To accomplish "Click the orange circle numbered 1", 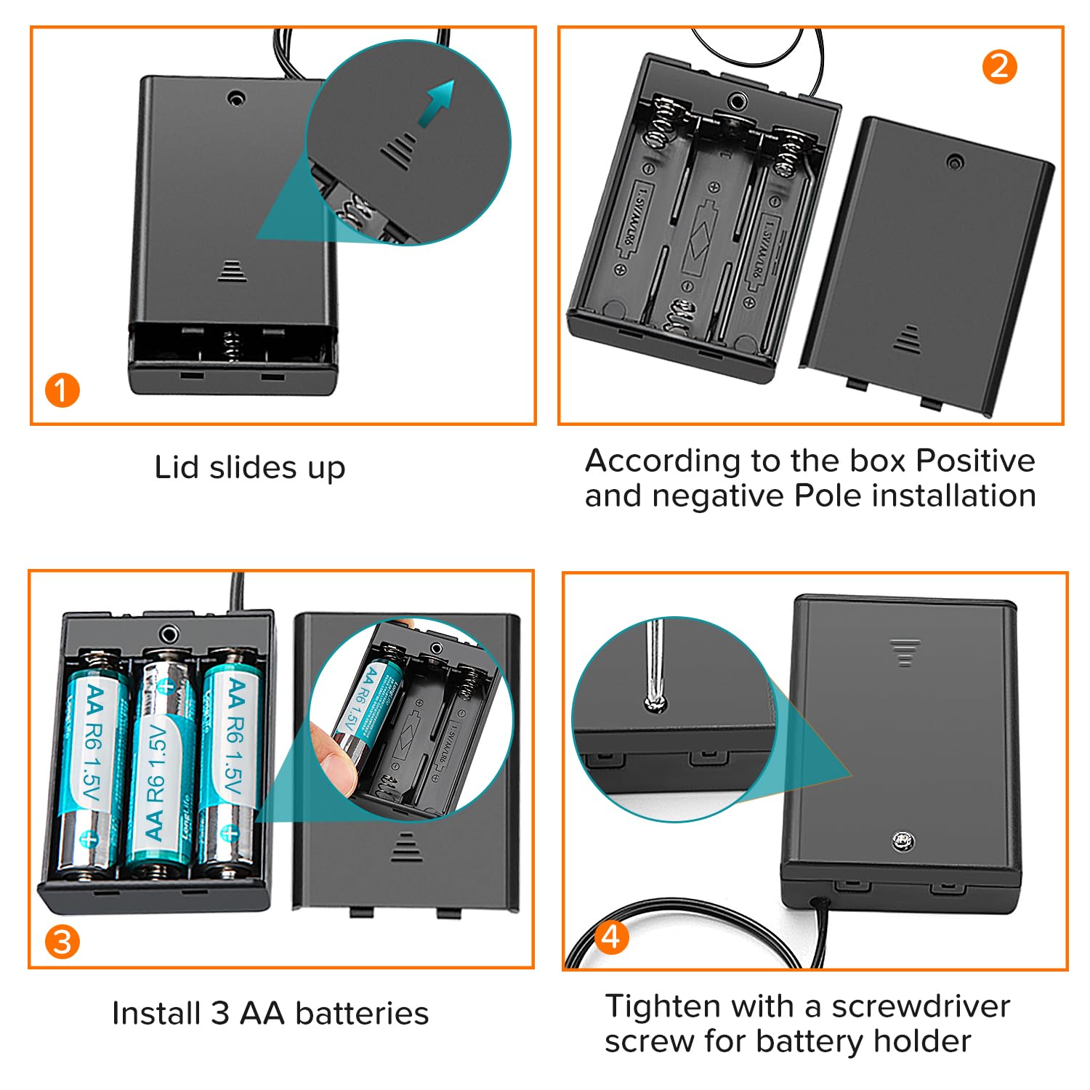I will pos(62,390).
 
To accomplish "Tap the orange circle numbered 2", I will pos(999,67).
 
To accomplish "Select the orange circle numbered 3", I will pos(62,942).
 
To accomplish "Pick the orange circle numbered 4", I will pos(611,937).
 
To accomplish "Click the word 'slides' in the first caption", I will pos(253,467).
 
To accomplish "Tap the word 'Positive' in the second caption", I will pos(975,460).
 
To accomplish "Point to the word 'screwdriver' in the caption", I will pos(921,1006).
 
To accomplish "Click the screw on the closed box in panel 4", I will pos(903,841).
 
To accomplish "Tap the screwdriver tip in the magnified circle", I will pos(655,703).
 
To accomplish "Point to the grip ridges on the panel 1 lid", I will pos(232,270).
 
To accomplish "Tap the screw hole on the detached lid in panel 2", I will pos(955,161).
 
